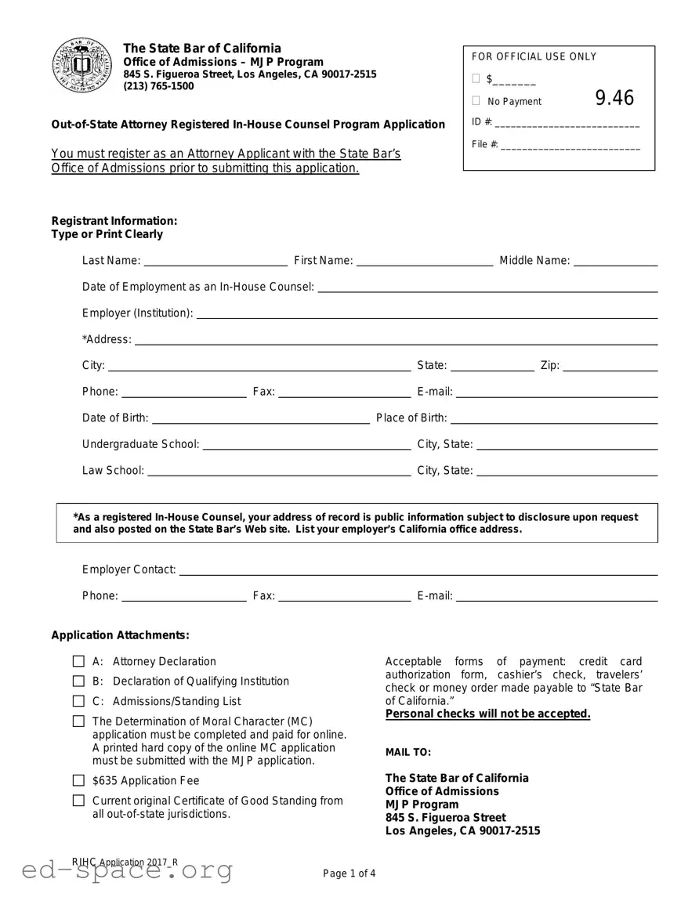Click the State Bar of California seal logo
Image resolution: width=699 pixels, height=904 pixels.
[x=82, y=66]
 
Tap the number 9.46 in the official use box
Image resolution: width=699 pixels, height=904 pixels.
[x=614, y=98]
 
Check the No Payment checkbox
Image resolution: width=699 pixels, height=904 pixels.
[x=476, y=101]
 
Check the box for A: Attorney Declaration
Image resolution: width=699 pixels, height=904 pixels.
[x=78, y=661]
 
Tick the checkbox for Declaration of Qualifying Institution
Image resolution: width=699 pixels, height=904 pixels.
[x=78, y=682]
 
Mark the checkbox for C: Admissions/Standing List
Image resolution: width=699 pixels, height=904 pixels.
[x=78, y=701]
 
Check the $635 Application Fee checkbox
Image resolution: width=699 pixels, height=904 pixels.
[x=78, y=780]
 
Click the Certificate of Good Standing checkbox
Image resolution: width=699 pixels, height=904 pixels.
[x=78, y=801]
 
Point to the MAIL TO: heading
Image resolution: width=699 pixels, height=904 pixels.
[x=407, y=752]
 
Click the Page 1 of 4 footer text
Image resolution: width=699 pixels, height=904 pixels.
[x=349, y=873]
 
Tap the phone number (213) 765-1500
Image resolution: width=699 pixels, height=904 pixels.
[x=158, y=86]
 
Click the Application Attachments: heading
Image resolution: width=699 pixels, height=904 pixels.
[x=120, y=635]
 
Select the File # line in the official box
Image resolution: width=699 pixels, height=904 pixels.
[x=570, y=146]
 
